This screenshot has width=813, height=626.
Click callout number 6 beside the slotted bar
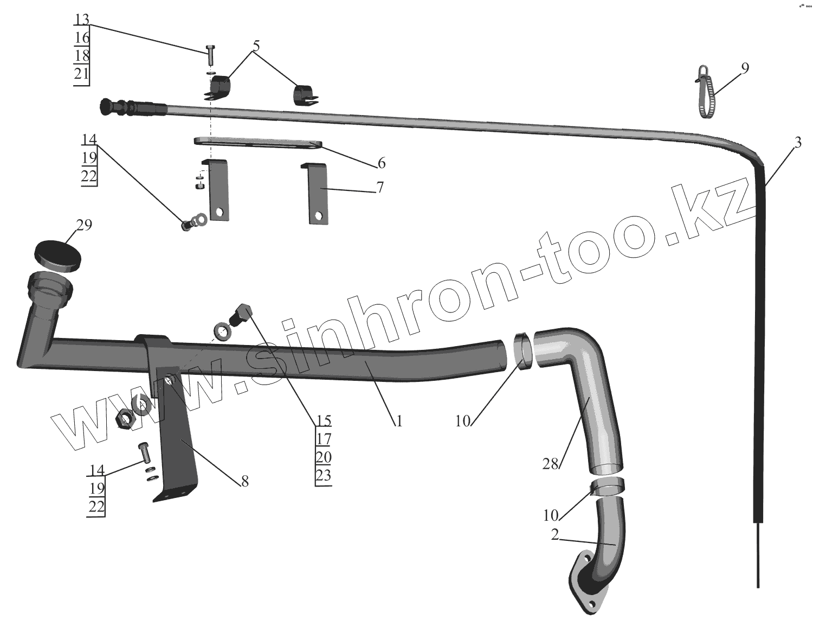(382, 162)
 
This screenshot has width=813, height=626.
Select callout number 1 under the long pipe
(399, 420)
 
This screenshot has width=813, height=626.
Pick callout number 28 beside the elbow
(550, 464)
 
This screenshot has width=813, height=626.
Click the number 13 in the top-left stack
(81, 20)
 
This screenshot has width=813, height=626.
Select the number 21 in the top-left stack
(81, 73)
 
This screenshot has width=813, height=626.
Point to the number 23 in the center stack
(323, 475)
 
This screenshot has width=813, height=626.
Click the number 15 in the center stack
(323, 420)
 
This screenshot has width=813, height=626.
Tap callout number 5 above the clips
(256, 46)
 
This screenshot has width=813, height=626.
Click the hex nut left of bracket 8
(125, 418)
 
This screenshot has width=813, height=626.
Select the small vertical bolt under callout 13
(210, 55)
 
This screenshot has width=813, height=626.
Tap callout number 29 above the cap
(84, 225)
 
